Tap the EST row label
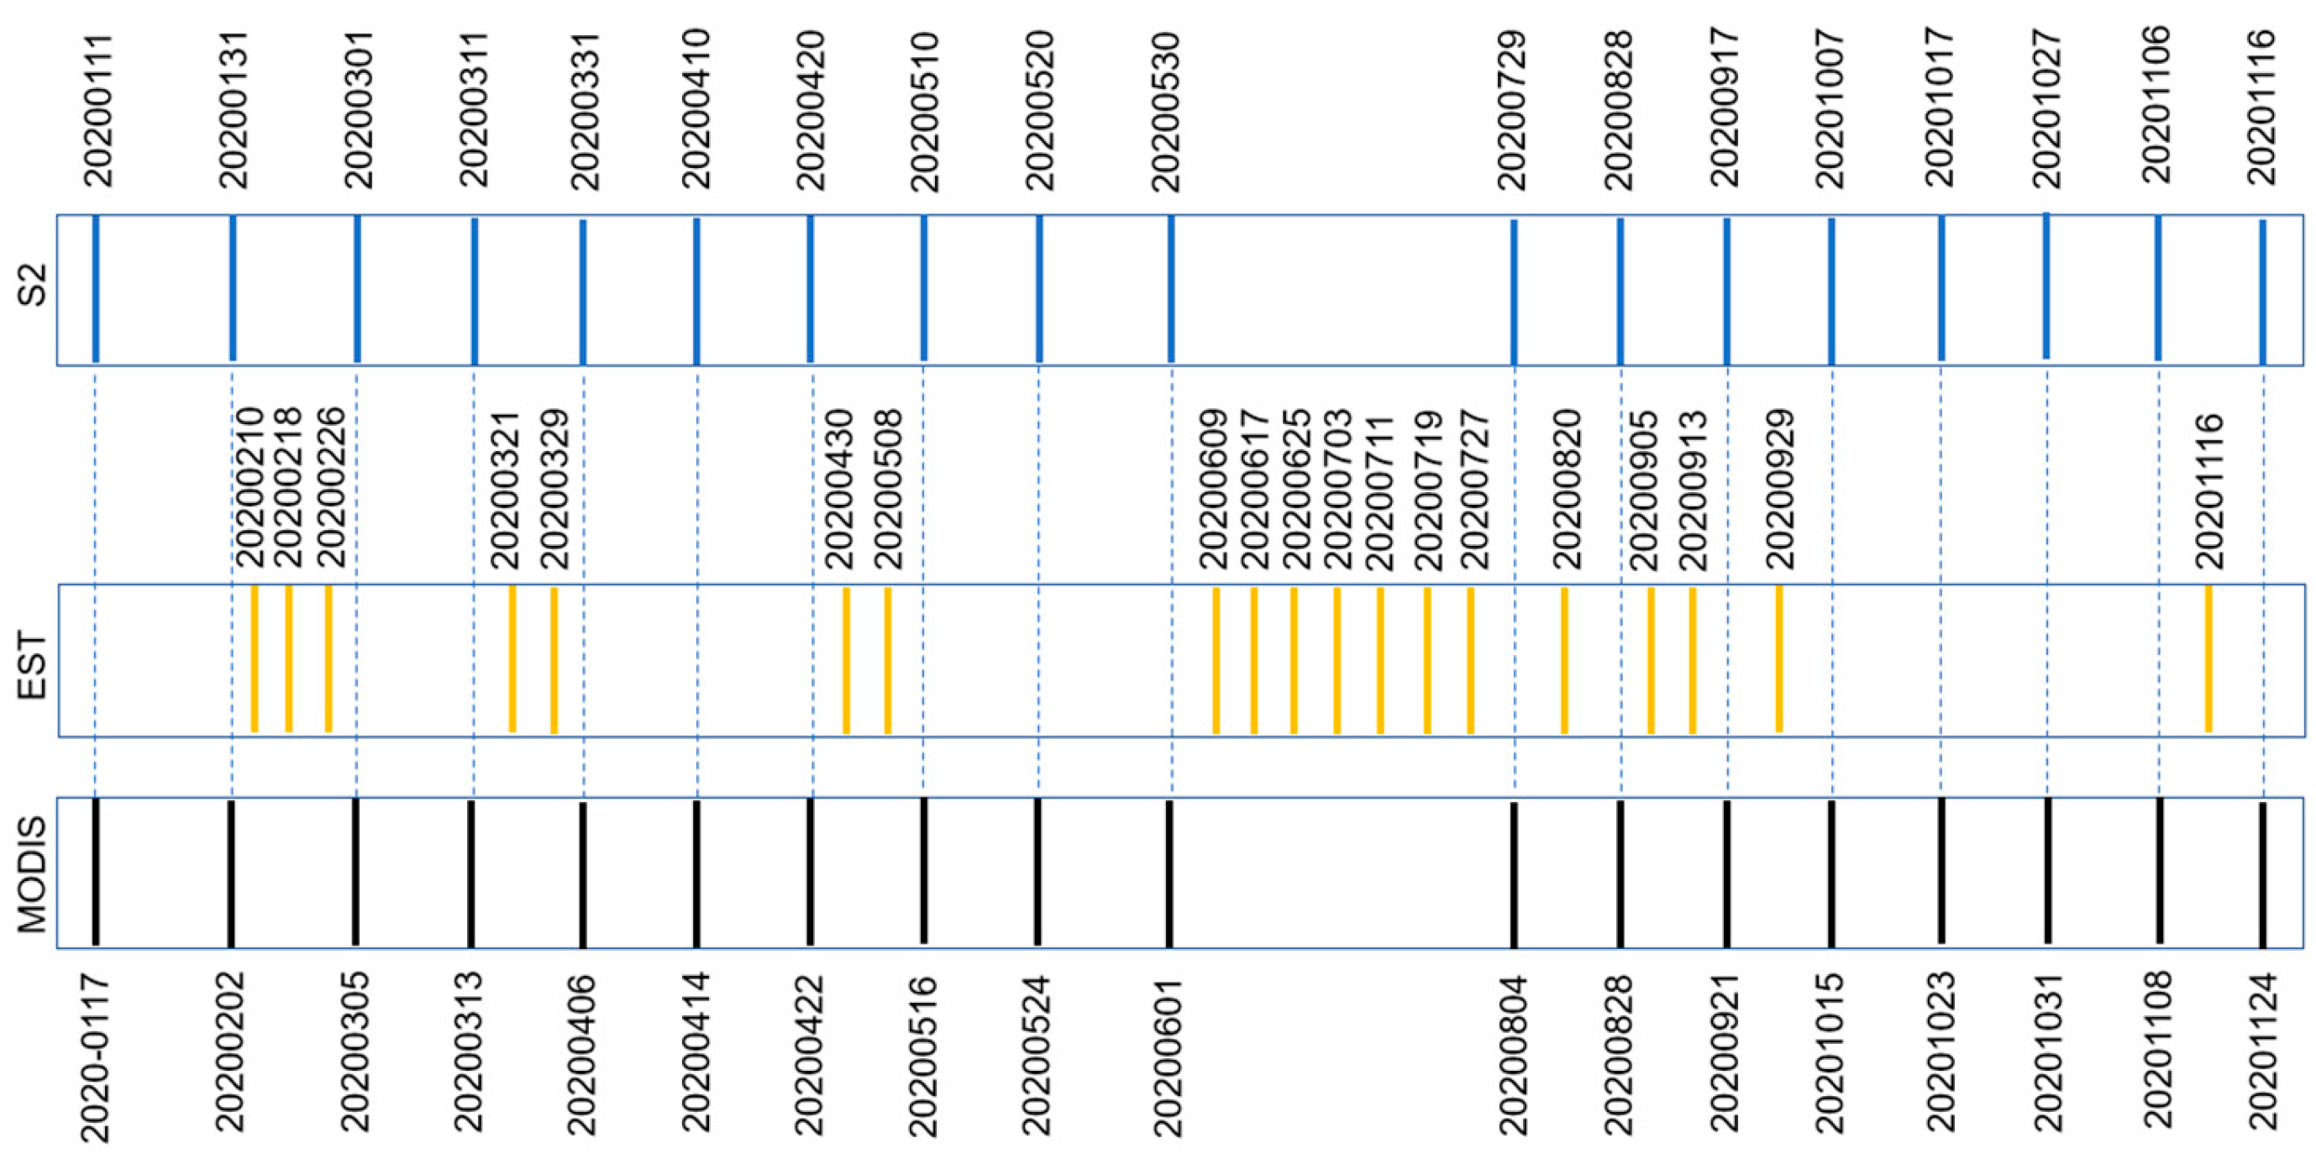[33, 666]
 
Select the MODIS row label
[33, 873]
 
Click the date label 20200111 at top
[98, 111]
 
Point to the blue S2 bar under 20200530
[1170, 289]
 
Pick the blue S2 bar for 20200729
[1514, 292]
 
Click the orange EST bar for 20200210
[255, 659]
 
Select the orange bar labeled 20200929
[1779, 659]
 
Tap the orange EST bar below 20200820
[1564, 660]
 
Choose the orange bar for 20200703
[1337, 660]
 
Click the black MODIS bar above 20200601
[1169, 873]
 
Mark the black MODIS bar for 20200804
[1514, 873]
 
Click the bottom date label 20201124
[2263, 1051]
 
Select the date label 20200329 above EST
[554, 489]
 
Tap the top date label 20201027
[2047, 110]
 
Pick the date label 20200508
[888, 489]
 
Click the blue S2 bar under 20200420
[810, 289]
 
